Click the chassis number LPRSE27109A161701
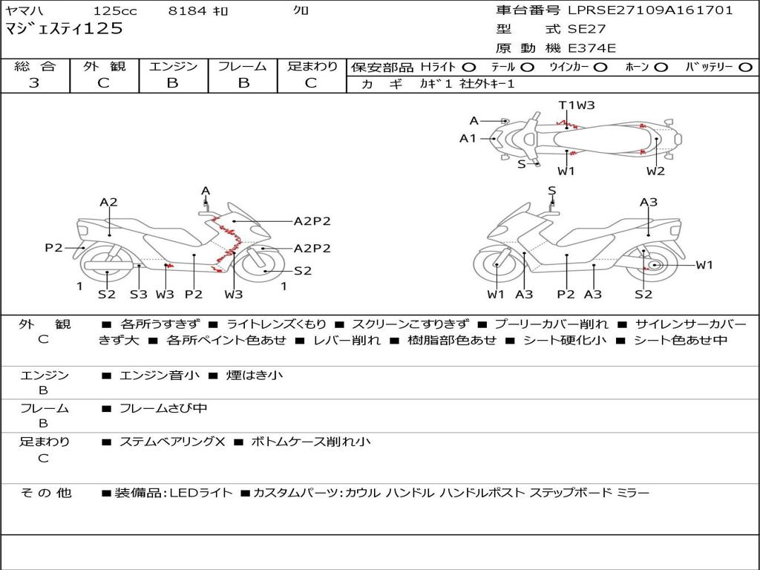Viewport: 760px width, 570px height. coord(651,10)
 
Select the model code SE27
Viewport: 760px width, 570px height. coord(587,30)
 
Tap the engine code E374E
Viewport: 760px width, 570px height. coord(592,49)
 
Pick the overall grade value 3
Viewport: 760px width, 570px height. coord(34,83)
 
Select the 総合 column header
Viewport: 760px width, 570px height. coord(35,66)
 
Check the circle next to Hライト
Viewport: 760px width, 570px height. coord(469,68)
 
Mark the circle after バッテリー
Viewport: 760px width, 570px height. coord(746,68)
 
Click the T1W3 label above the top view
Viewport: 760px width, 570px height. coord(577,105)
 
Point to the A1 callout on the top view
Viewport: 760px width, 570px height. coord(468,138)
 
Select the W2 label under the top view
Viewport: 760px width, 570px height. coord(655,171)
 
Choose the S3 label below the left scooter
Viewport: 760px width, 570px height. coord(138,294)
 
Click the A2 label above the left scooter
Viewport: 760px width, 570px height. coord(109,202)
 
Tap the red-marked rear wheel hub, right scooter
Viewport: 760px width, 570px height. coord(654,266)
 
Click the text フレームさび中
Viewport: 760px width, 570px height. coord(163,409)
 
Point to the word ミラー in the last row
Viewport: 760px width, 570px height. coord(633,493)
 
